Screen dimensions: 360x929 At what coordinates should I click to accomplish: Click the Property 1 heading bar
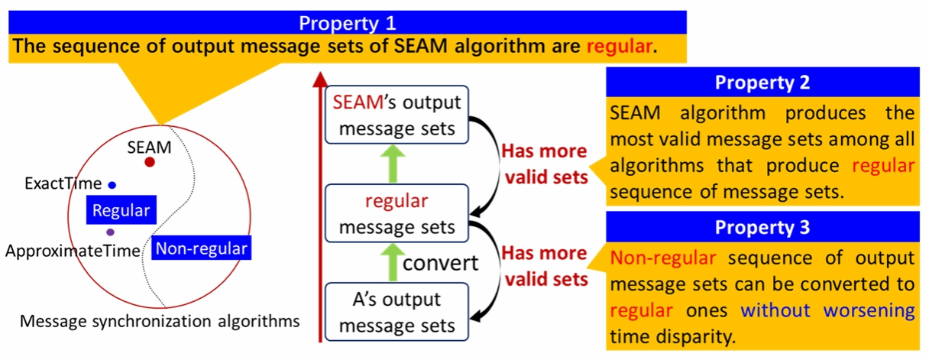(x=348, y=22)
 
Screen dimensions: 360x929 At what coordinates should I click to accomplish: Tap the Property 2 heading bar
(x=762, y=82)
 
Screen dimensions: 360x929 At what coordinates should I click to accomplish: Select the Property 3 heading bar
(x=762, y=228)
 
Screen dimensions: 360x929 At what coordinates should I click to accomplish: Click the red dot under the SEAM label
(x=150, y=162)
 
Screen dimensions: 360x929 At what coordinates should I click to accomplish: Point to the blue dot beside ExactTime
(x=112, y=184)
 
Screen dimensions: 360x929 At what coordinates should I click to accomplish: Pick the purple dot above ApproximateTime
(x=111, y=232)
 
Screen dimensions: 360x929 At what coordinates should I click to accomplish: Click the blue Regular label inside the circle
(x=121, y=210)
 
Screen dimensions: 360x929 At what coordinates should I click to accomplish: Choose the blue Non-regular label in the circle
(x=201, y=248)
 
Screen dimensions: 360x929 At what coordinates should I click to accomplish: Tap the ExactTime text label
(x=63, y=184)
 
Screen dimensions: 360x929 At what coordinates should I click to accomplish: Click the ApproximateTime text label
(x=73, y=251)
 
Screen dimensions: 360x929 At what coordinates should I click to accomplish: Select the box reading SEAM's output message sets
(x=397, y=115)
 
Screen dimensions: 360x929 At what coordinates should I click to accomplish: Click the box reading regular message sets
(x=397, y=215)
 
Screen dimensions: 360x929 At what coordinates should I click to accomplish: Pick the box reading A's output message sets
(x=397, y=312)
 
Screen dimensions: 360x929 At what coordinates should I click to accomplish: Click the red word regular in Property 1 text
(x=619, y=47)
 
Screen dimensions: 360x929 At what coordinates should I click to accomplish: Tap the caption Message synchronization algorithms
(x=160, y=321)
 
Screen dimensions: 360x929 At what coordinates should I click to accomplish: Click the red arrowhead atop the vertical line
(x=320, y=78)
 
